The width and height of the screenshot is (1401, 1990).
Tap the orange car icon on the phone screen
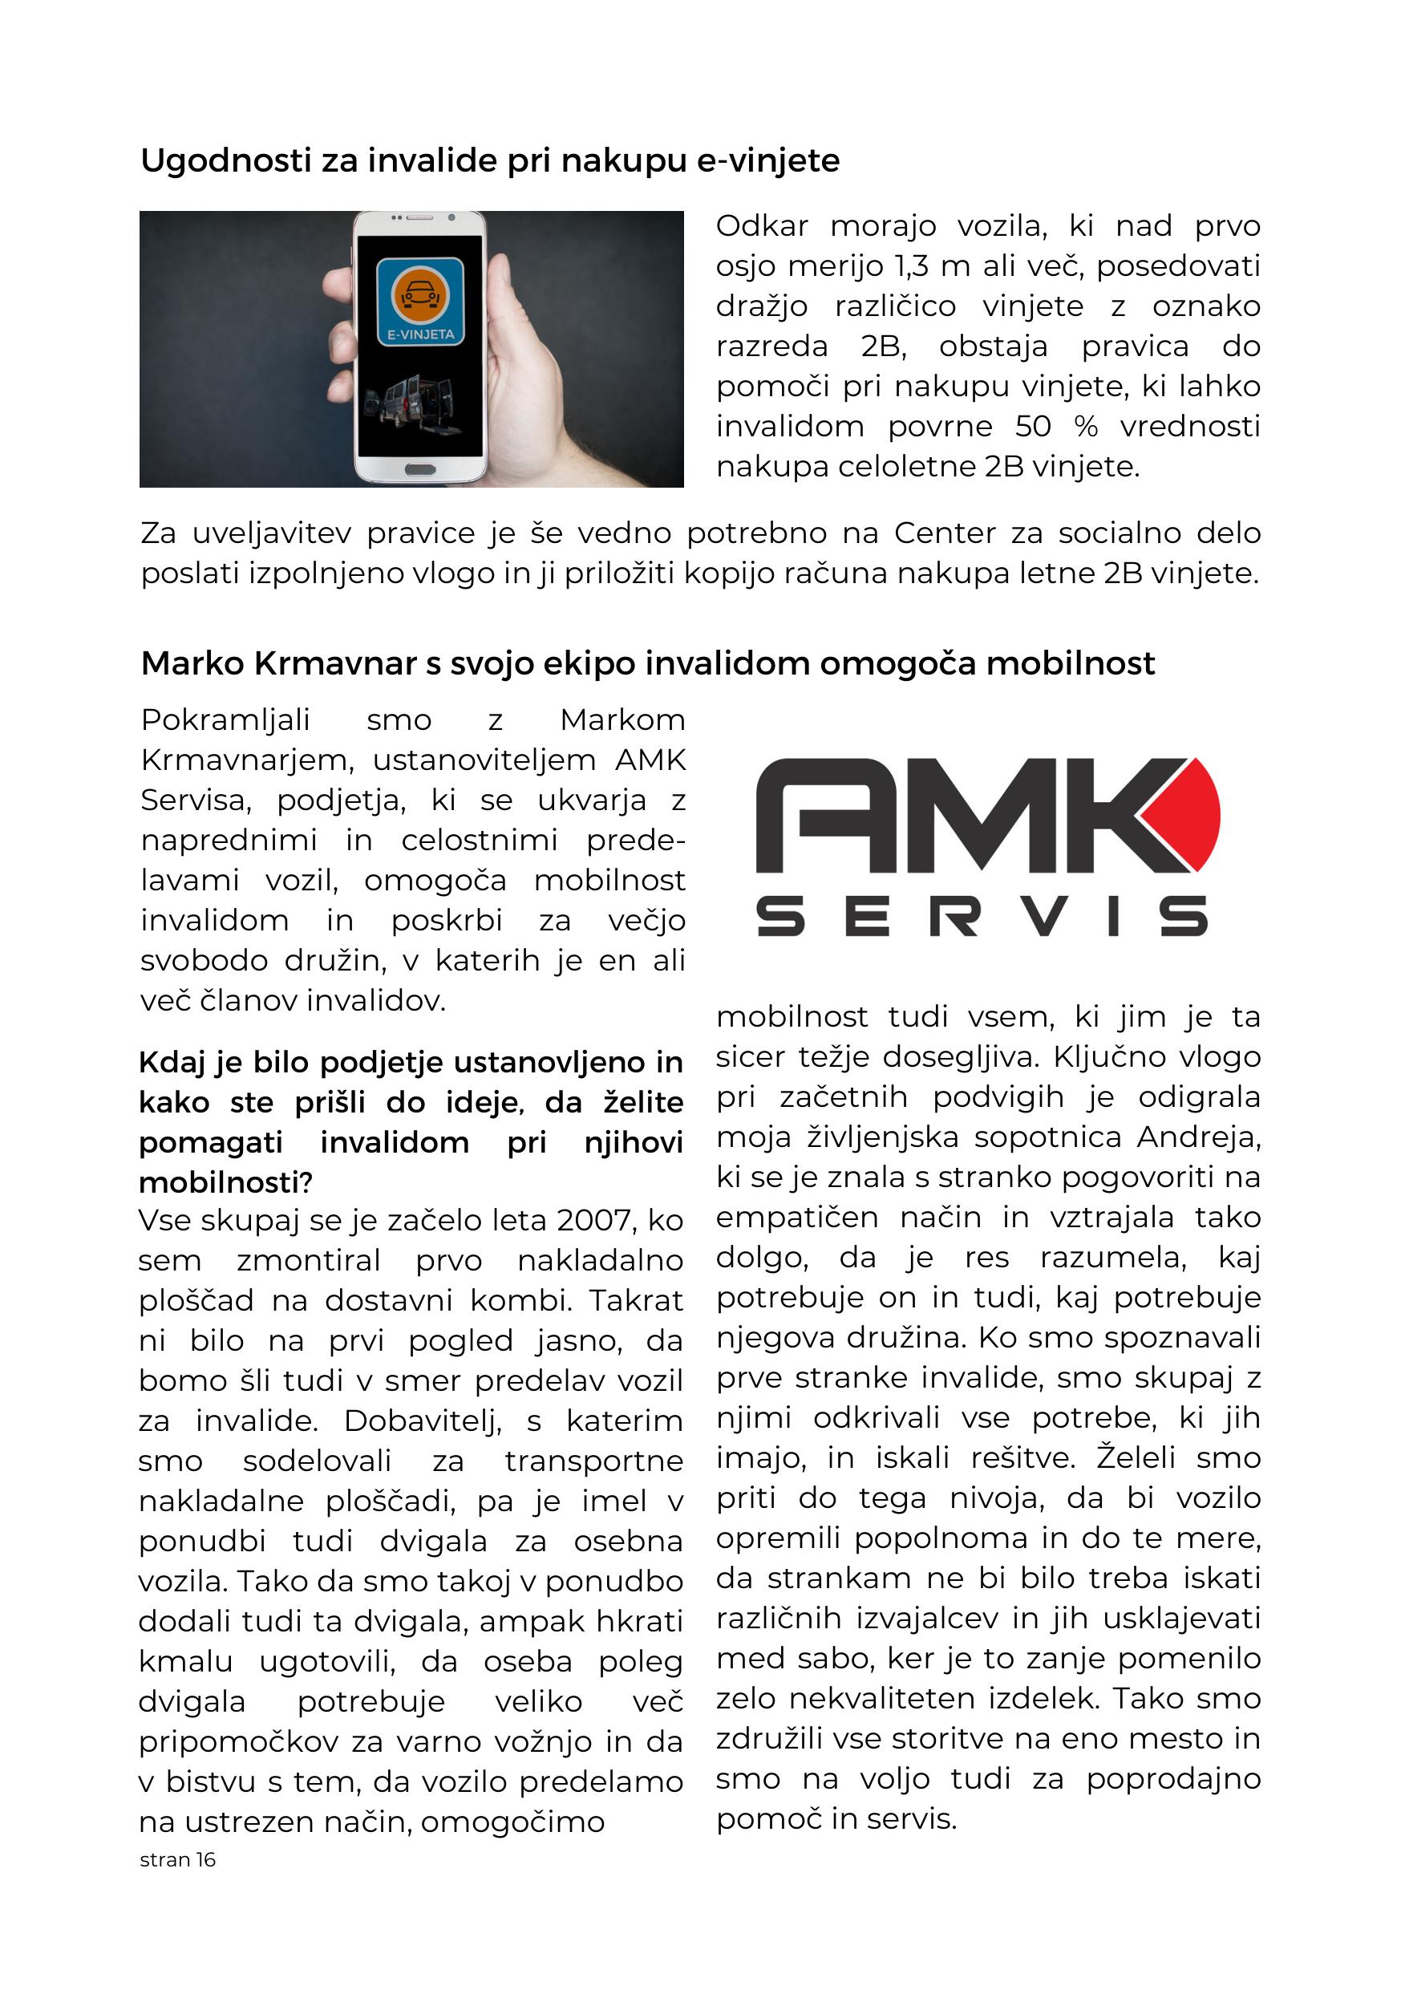(419, 294)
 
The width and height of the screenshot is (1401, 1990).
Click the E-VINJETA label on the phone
(420, 334)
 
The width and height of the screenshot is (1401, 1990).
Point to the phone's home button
(420, 470)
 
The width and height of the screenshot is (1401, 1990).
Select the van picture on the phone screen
(407, 401)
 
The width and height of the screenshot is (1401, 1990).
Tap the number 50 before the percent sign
(1033, 428)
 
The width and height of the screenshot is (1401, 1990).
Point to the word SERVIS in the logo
(982, 917)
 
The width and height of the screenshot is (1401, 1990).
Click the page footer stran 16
(177, 1860)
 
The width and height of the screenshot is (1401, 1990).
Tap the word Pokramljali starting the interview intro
(225, 720)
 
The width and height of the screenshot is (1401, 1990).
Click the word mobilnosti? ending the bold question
(225, 1182)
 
